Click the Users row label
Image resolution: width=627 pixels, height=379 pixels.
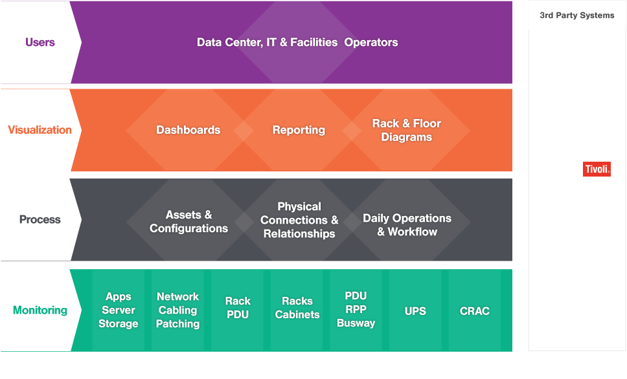point(40,43)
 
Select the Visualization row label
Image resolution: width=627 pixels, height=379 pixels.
point(40,130)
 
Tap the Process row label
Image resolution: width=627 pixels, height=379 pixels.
point(40,220)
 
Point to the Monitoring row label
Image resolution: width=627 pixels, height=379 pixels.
point(40,310)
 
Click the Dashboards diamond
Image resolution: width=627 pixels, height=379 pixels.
point(188,130)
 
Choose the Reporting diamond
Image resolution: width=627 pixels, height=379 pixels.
point(299,130)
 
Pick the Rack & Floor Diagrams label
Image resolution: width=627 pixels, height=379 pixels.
point(407,130)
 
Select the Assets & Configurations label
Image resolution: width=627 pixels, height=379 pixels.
point(188,221)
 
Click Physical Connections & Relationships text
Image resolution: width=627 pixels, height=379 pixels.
point(299,220)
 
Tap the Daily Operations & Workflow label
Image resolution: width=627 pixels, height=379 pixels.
point(407,225)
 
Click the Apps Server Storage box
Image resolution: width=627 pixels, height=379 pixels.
point(119,310)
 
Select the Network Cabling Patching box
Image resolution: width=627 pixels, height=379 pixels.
point(178,310)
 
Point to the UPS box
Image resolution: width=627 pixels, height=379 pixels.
point(415,311)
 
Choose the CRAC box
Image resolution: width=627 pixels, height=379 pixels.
point(475,311)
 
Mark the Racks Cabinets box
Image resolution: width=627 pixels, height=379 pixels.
point(297,308)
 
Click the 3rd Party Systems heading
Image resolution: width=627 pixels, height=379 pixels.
point(577,16)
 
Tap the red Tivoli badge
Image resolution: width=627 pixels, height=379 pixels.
point(597,169)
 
